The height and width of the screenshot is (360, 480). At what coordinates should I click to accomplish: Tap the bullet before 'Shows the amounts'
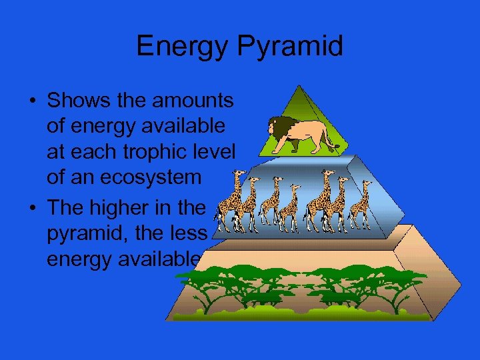tap(31, 101)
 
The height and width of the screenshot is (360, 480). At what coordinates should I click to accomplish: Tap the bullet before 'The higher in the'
tap(31, 208)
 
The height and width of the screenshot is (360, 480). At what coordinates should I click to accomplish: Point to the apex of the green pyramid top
tap(302, 87)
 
